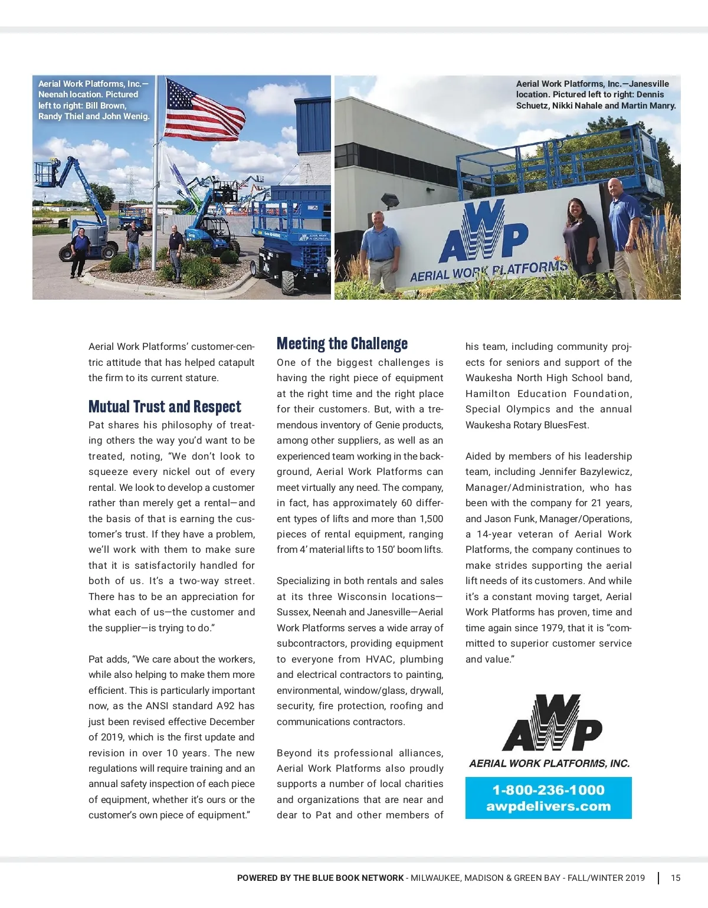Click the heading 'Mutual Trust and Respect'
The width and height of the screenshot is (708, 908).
(165, 407)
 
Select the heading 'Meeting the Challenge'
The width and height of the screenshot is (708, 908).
(342, 344)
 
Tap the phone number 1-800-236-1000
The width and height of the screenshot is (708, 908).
(548, 790)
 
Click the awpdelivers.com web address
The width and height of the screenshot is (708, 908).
(548, 807)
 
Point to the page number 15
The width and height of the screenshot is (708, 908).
(676, 878)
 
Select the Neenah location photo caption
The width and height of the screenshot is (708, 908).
(94, 100)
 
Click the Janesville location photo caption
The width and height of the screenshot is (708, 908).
(595, 94)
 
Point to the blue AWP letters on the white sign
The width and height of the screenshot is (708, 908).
(483, 233)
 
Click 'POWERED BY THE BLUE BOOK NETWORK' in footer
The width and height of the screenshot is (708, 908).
(320, 878)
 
